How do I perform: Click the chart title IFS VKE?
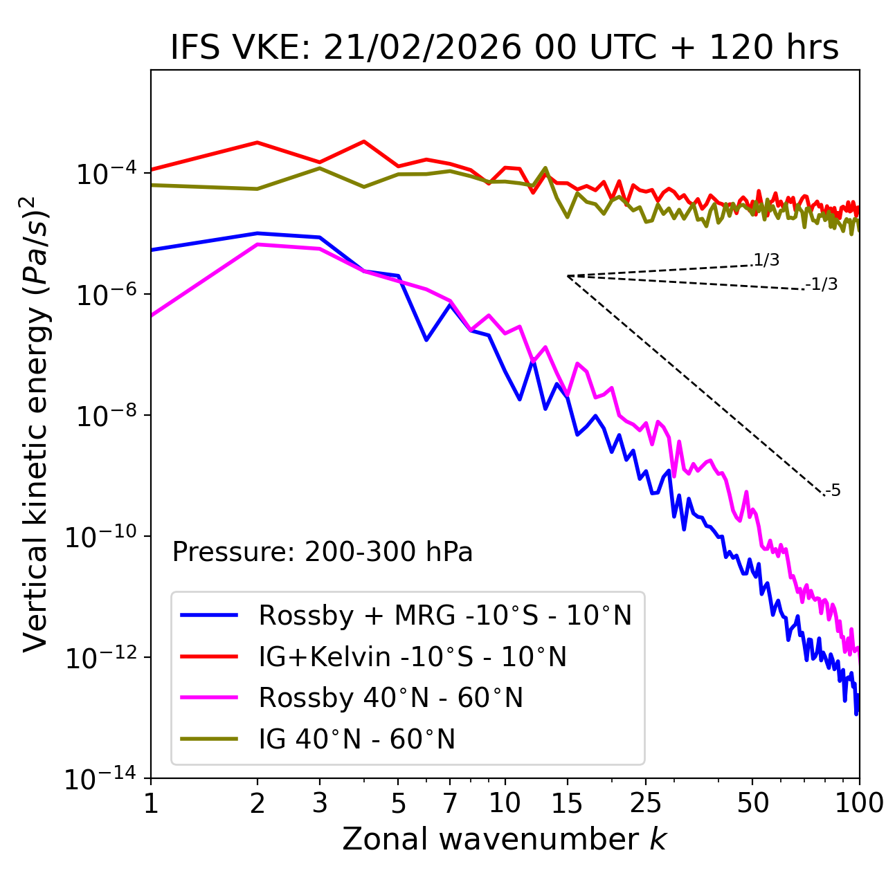pyautogui.click(x=505, y=48)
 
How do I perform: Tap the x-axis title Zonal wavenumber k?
pyautogui.click(x=504, y=838)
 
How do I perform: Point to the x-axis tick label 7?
pyautogui.click(x=450, y=802)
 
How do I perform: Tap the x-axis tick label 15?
pyautogui.click(x=567, y=802)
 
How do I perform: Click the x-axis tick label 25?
pyautogui.click(x=645, y=802)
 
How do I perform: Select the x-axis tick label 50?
pyautogui.click(x=752, y=802)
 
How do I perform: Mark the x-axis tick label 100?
pyautogui.click(x=859, y=802)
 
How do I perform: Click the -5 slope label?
pyautogui.click(x=833, y=490)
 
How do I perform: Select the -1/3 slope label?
pyautogui.click(x=822, y=284)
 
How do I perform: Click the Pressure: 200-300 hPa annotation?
pyautogui.click(x=322, y=552)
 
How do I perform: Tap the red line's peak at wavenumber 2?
pyautogui.click(x=257, y=143)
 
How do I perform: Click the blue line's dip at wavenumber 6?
pyautogui.click(x=426, y=340)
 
